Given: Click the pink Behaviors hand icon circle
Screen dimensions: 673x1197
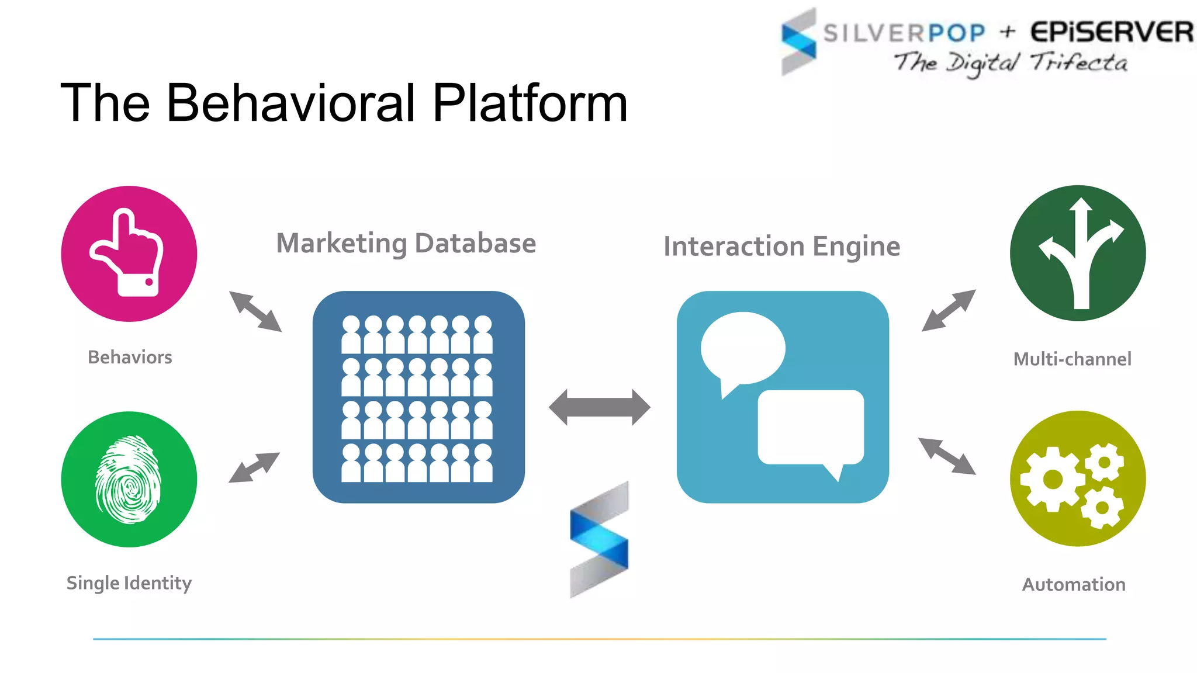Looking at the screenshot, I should pyautogui.click(x=129, y=254).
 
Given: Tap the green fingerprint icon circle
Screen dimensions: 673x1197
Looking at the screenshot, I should pyautogui.click(x=129, y=479).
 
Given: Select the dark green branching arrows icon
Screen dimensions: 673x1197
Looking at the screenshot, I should pyautogui.click(x=1078, y=253).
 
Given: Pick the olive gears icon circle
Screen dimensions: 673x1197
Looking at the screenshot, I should pyautogui.click(x=1078, y=478).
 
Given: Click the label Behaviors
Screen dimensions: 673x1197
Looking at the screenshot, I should pyautogui.click(x=130, y=357).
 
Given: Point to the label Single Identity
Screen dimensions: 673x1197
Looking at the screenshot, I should pyautogui.click(x=129, y=583).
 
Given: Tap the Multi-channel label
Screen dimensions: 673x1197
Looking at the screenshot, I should pyautogui.click(x=1073, y=359).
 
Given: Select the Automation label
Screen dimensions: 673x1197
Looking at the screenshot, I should pyautogui.click(x=1074, y=584).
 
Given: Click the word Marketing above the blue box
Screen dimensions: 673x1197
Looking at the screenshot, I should pyautogui.click(x=341, y=244).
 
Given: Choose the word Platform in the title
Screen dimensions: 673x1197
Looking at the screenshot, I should pyautogui.click(x=530, y=103).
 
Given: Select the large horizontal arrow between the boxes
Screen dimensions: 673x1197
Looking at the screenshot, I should pyautogui.click(x=600, y=407).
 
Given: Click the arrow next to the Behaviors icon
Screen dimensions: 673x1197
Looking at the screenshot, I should pyautogui.click(x=255, y=311).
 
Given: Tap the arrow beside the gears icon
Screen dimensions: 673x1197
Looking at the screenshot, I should pyautogui.click(x=947, y=456).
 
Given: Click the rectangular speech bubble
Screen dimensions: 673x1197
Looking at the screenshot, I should pyautogui.click(x=811, y=427).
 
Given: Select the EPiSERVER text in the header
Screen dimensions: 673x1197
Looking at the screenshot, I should pyautogui.click(x=1111, y=32).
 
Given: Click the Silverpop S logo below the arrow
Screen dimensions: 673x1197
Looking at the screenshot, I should pyautogui.click(x=599, y=539).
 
